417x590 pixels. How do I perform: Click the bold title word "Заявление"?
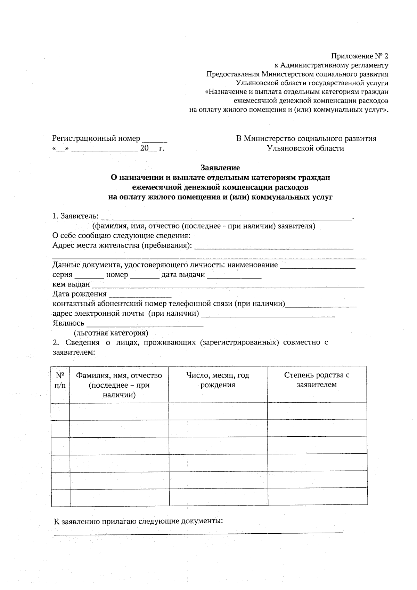tap(220, 168)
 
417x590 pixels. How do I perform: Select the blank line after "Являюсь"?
tap(145, 325)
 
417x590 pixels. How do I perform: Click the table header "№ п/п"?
tap(60, 380)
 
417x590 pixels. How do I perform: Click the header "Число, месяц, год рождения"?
tap(218, 380)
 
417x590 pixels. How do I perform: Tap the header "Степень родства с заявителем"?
tap(317, 380)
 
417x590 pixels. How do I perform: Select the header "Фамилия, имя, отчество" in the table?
tap(119, 375)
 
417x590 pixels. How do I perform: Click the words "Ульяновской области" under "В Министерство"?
tap(305, 148)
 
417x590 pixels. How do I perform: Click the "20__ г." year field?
tap(152, 149)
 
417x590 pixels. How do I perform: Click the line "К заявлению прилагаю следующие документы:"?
tap(138, 522)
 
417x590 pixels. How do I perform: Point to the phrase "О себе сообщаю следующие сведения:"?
tap(121, 236)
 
